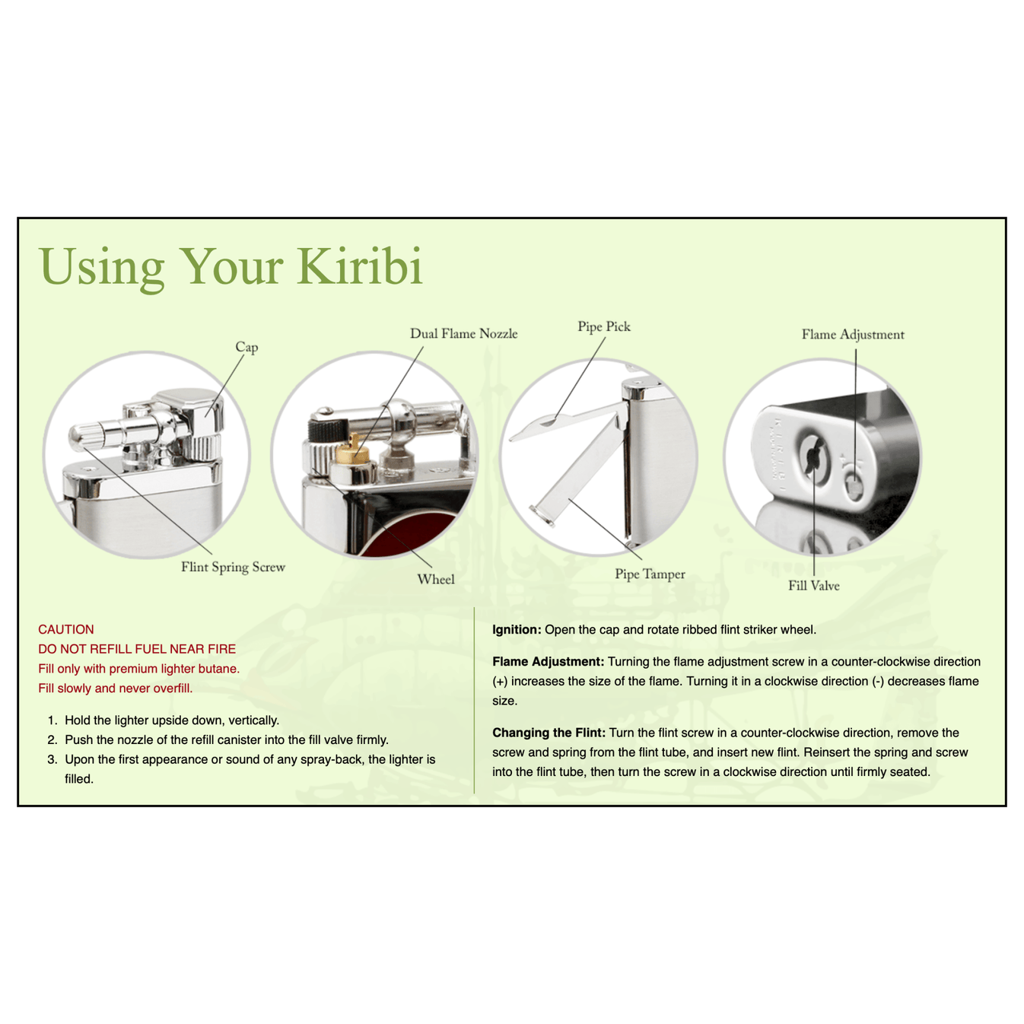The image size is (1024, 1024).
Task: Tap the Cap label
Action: pos(246,347)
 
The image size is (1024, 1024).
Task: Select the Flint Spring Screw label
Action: pos(233,567)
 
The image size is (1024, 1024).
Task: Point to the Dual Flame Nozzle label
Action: pos(463,333)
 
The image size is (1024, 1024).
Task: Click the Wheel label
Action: pos(435,579)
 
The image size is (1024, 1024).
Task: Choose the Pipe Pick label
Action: pos(603,326)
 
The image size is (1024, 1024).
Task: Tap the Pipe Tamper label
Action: pos(650,574)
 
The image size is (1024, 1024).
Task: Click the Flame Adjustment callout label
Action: pos(852,334)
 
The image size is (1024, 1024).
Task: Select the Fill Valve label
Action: pos(813,585)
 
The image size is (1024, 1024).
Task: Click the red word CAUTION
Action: pos(66,629)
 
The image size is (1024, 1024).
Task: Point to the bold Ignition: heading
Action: pos(517,629)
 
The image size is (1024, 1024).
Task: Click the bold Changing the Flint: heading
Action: pos(549,733)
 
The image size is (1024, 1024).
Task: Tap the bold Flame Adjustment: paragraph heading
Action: pos(548,661)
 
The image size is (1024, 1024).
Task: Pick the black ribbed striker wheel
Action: pos(323,431)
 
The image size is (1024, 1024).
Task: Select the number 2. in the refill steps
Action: pos(52,739)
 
